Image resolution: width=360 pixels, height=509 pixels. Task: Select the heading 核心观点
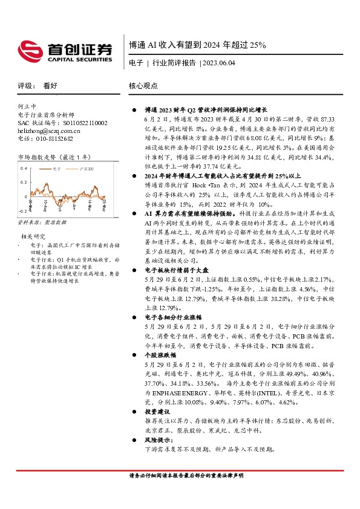143,86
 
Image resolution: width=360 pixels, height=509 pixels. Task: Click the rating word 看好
50,86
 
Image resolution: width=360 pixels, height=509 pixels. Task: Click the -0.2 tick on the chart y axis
23,211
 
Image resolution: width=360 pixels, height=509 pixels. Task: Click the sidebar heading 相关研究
33,236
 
